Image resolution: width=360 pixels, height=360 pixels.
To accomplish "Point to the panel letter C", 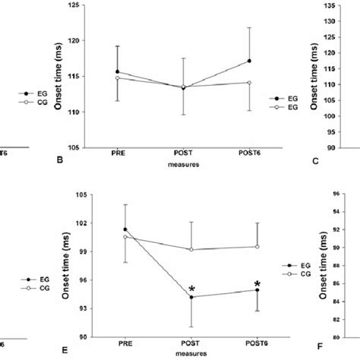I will [x=315, y=159].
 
